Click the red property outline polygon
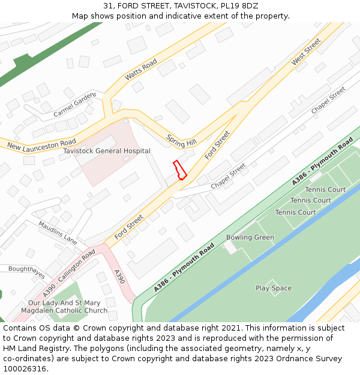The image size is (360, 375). click(179, 170)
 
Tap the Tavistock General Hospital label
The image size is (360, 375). click(107, 151)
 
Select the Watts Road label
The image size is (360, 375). click(141, 70)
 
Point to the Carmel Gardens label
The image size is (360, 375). click(75, 104)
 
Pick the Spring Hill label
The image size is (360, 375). click(182, 140)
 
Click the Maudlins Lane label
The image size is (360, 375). click(58, 232)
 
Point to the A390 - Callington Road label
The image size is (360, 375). click(69, 274)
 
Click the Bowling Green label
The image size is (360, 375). click(250, 238)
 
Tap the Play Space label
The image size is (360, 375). click(274, 288)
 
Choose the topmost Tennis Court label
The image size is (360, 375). click(325, 190)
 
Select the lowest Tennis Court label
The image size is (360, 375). click(296, 212)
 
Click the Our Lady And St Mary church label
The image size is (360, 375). click(64, 307)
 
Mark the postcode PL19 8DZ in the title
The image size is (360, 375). click(239, 6)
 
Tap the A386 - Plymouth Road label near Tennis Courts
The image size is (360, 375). click(323, 161)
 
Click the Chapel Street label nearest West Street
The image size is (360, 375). click(328, 100)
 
